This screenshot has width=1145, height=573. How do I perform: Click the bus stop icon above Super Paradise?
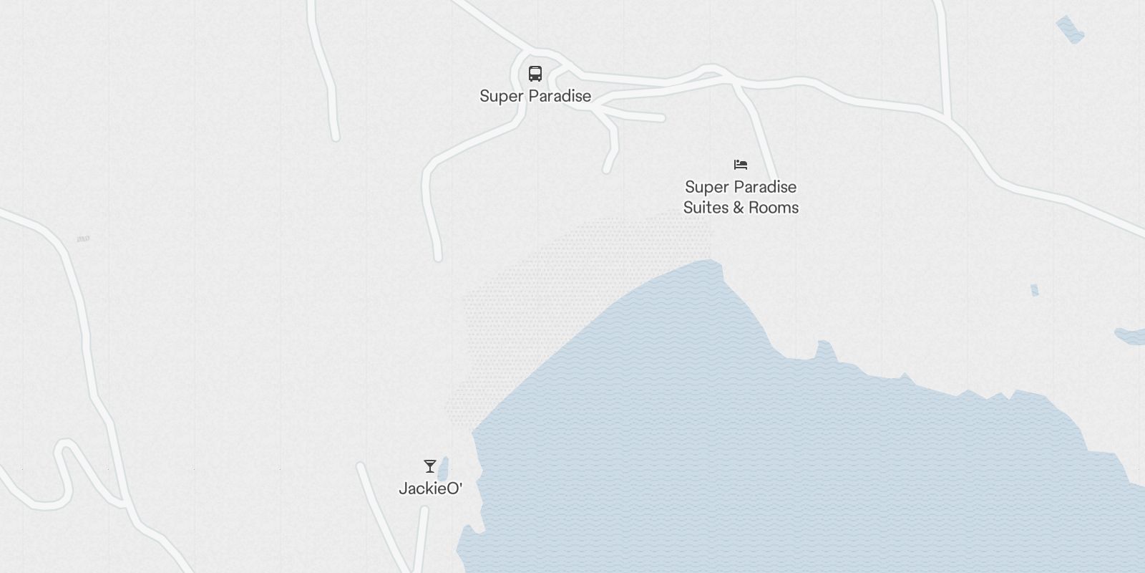(535, 74)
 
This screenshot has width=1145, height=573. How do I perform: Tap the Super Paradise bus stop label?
(535, 96)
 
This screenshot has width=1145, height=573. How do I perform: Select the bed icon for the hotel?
(741, 165)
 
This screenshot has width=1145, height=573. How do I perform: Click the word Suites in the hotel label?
(706, 208)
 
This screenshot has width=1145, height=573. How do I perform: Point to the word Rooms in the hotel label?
(774, 208)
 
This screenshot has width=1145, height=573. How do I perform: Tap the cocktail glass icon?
(429, 466)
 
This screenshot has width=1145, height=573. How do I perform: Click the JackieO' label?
(430, 489)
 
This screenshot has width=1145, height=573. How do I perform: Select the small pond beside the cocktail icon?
(443, 468)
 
